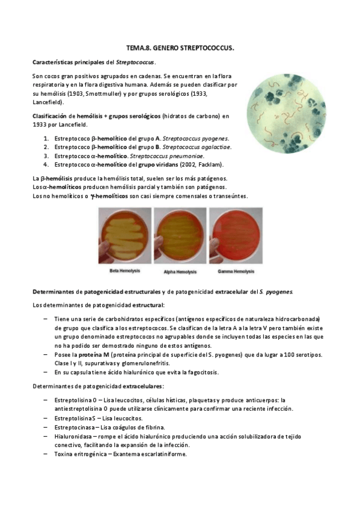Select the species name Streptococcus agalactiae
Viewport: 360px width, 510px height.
pyautogui.click(x=197, y=147)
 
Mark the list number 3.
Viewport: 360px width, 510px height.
pyautogui.click(x=46, y=155)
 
